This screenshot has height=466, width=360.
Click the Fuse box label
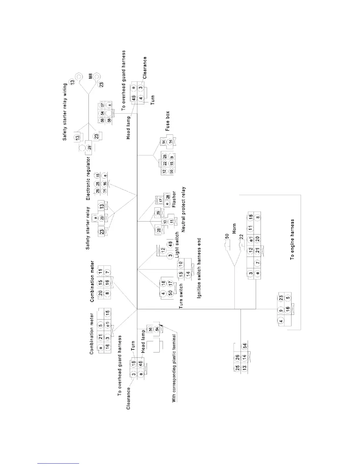168,121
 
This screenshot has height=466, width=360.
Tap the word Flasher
174,199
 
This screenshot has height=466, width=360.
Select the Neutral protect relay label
184,209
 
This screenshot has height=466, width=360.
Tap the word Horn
234,229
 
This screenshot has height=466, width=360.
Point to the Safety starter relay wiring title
65,112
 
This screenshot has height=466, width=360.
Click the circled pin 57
102,105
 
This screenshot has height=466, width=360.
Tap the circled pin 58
109,120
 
